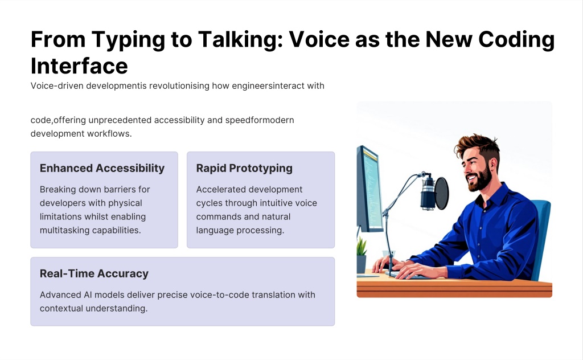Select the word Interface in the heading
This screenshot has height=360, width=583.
click(x=79, y=66)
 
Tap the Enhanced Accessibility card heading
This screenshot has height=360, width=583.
click(x=102, y=168)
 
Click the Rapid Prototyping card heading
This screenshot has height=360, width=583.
click(x=244, y=169)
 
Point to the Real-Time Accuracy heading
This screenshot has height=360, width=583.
click(x=94, y=274)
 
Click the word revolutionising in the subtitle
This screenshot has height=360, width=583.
click(x=179, y=86)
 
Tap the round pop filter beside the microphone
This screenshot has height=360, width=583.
click(x=442, y=193)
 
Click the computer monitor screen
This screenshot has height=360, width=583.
click(x=372, y=189)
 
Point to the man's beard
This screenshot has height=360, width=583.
click(x=481, y=179)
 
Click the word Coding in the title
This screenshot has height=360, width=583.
click(x=516, y=40)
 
